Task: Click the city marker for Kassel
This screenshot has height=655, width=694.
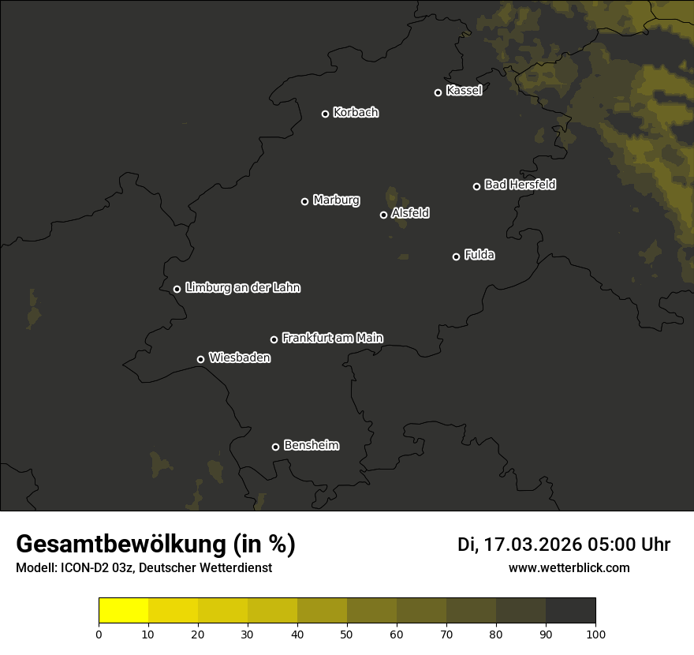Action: tap(438, 92)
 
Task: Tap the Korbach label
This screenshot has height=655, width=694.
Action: tap(356, 113)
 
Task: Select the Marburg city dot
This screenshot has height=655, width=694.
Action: tap(305, 201)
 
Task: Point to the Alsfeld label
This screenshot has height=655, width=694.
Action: tap(410, 214)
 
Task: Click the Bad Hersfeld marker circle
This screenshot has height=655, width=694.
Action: tap(476, 186)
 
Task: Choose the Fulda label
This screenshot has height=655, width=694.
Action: tap(479, 256)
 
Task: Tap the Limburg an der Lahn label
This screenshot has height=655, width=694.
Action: tap(243, 288)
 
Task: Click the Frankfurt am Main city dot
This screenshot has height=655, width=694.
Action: tap(274, 339)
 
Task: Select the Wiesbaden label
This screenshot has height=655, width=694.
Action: tap(240, 358)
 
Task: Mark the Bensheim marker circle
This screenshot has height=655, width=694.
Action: tap(275, 447)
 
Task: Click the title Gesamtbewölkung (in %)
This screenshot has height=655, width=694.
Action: tap(155, 545)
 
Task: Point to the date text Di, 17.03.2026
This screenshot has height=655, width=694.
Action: tap(519, 545)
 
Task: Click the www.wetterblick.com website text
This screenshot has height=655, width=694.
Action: tap(569, 568)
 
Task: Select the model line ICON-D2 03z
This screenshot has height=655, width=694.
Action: tap(144, 568)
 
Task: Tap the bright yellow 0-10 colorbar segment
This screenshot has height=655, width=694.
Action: tap(123, 611)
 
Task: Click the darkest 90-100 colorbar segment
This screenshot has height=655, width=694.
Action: tap(570, 611)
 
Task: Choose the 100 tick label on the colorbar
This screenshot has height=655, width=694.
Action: tap(595, 634)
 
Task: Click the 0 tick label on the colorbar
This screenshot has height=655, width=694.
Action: tap(99, 634)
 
